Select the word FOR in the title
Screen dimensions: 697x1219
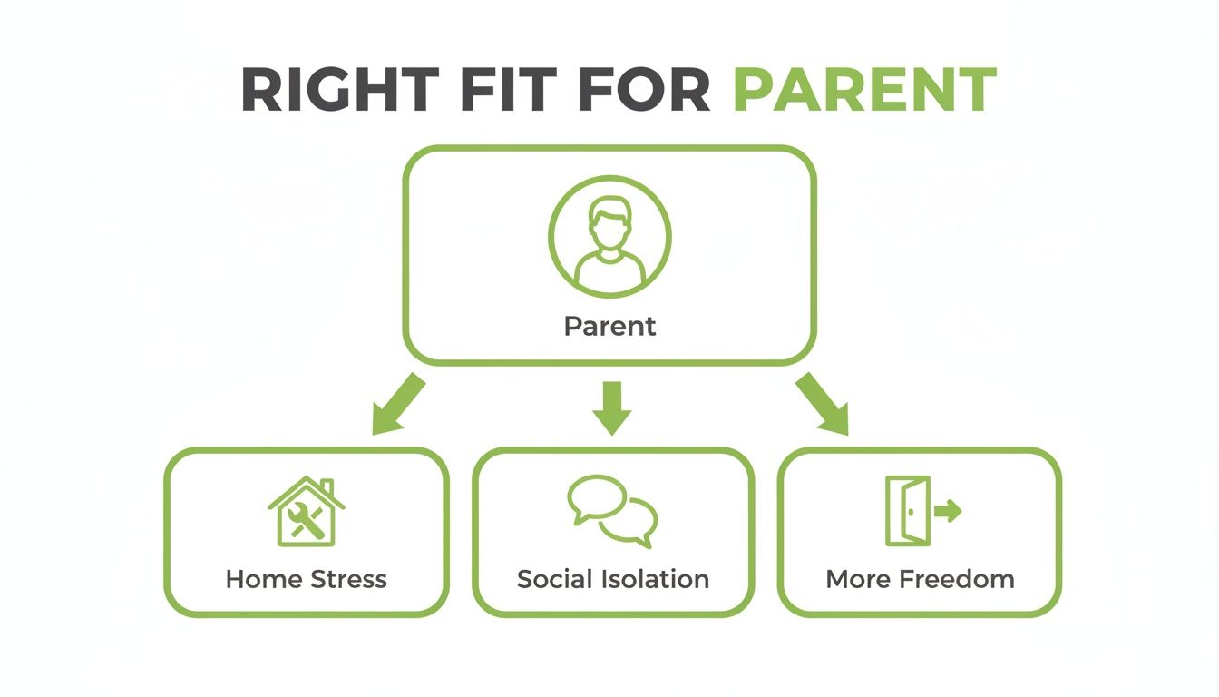(646, 90)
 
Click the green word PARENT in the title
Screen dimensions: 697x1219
(864, 90)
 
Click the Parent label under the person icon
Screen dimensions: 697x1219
(609, 326)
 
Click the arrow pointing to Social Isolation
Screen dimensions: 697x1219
(611, 406)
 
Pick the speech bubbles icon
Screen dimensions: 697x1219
(613, 511)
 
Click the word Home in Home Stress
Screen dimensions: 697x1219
(265, 579)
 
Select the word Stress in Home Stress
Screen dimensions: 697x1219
(348, 579)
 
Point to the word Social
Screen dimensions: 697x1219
(553, 579)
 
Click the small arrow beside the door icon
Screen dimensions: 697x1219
(948, 511)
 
